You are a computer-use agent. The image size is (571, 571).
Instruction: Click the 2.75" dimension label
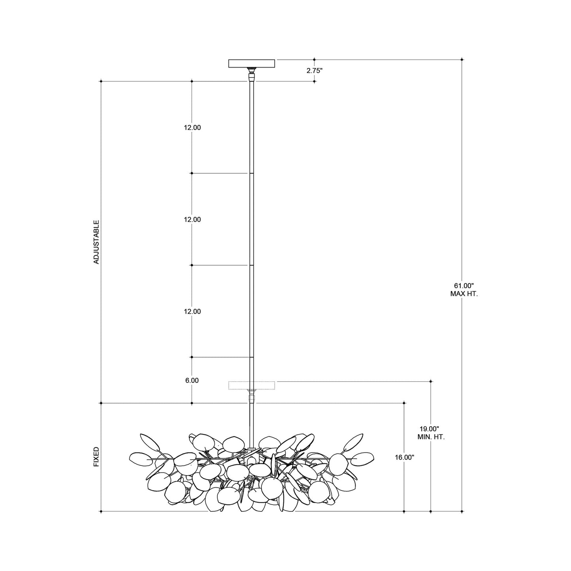[315, 71]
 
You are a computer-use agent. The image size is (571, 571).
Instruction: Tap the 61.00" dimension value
[464, 285]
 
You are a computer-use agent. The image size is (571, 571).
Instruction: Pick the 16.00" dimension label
[404, 457]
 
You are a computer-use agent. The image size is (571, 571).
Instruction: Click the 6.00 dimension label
[192, 381]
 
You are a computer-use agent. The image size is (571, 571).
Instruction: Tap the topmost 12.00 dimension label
[192, 128]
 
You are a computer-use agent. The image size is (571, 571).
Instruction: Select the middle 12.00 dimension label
[192, 220]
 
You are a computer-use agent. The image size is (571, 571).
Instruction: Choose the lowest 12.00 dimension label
[192, 311]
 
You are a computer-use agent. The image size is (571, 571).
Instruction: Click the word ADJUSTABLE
[96, 242]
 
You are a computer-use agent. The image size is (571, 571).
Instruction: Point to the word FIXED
[96, 457]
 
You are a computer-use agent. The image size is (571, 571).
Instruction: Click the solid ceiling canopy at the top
[252, 63]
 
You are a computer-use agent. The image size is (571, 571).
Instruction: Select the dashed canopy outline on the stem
[252, 385]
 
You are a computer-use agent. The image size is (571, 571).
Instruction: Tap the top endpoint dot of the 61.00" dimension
[462, 60]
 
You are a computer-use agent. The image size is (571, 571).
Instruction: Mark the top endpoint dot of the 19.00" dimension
[431, 381]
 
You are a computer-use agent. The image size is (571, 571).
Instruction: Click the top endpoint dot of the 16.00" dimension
[404, 403]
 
